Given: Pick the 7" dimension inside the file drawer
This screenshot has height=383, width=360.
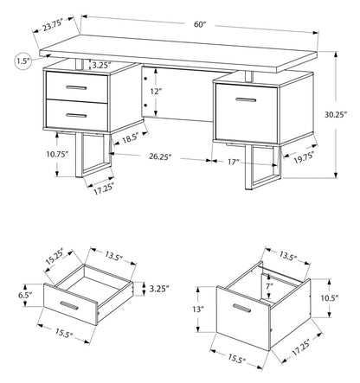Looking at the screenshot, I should (x=270, y=284).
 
